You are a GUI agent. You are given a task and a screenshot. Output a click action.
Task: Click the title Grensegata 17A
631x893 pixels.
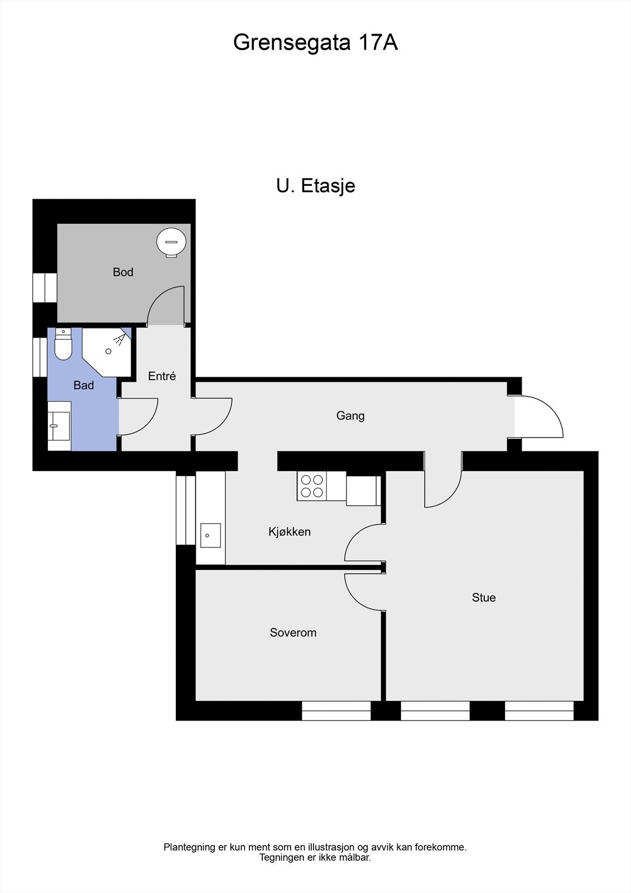pos(315,42)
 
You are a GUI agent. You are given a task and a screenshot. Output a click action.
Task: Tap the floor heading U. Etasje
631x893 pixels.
pos(315,185)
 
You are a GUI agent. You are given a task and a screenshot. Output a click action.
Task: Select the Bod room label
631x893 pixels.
pos(123,272)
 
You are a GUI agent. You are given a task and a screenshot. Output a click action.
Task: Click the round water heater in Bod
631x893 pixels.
pos(171,242)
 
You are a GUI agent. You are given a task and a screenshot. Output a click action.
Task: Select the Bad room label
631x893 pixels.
pos(84,385)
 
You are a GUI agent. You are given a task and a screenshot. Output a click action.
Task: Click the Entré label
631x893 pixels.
pos(162,376)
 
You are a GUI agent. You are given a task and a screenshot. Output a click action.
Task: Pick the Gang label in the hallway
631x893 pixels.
pos(350,415)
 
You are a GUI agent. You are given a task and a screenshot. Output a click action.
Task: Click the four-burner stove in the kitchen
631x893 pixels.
pos(312,486)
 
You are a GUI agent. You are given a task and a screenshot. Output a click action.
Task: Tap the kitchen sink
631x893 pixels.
pos(210,535)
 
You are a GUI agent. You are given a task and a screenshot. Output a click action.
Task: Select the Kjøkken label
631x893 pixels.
pos(290,531)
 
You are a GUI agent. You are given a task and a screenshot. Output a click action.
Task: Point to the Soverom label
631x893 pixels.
pos(293,632)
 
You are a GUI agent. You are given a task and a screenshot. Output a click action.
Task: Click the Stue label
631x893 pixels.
pos(484,597)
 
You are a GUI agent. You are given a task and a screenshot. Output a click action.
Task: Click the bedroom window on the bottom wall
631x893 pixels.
pos(336,710)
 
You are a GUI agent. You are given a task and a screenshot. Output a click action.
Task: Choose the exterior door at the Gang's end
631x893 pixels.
pos(538,417)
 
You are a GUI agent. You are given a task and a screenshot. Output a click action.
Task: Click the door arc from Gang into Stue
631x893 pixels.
pos(444,488)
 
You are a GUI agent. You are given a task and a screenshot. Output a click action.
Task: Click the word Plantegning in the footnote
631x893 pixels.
pos(189,847)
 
